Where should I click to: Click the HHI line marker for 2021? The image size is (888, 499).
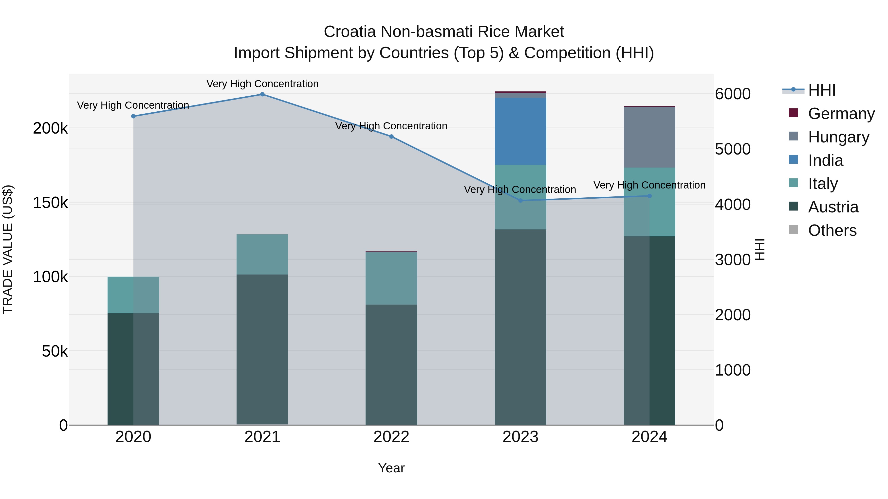(x=262, y=94)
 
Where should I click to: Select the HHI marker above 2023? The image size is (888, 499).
(x=520, y=200)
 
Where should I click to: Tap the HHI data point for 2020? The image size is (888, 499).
(x=133, y=116)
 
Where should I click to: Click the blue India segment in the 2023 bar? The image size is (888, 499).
(x=520, y=131)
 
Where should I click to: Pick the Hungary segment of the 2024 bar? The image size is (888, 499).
(x=649, y=137)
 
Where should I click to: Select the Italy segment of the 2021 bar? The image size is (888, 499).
(x=262, y=254)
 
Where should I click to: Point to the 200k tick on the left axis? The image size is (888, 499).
(x=50, y=128)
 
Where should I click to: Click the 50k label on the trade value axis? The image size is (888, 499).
(x=55, y=351)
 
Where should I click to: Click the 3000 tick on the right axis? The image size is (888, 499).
(x=733, y=260)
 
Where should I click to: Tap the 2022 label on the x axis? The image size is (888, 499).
(x=391, y=437)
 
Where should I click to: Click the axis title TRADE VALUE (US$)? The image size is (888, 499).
(x=8, y=249)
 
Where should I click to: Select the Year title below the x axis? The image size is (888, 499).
(x=391, y=468)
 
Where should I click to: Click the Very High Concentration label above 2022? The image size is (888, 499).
(x=391, y=126)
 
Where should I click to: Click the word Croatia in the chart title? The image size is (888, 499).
(x=350, y=32)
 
